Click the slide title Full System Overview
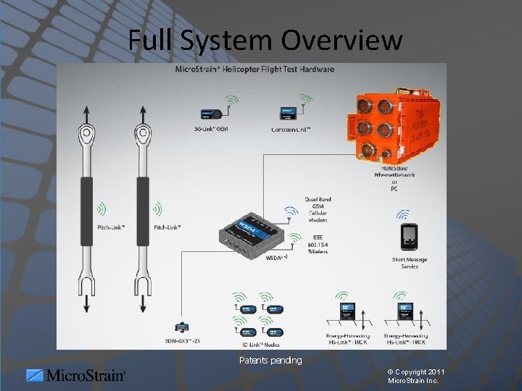pos(265,40)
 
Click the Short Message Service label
pos(410,263)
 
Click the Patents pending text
pos(270,360)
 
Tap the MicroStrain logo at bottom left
pos(75,375)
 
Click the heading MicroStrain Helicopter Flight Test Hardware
pos(254,70)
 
